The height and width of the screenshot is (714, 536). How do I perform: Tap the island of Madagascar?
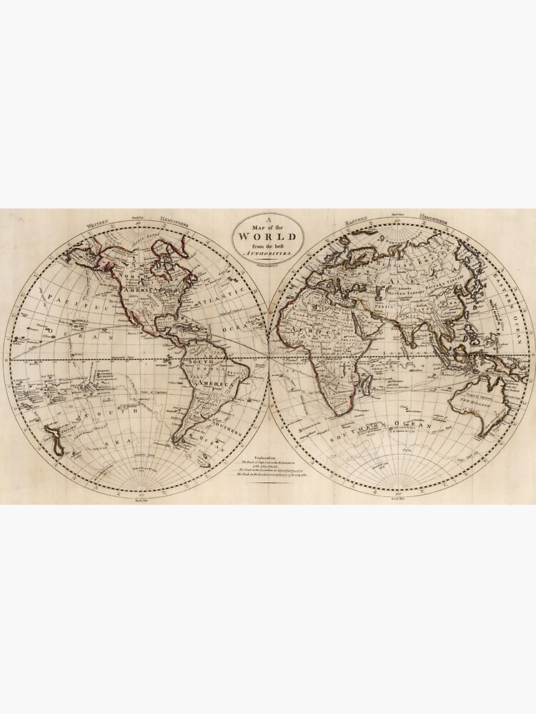tap(364, 387)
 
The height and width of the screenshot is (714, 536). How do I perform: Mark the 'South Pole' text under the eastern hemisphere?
tap(399, 500)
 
